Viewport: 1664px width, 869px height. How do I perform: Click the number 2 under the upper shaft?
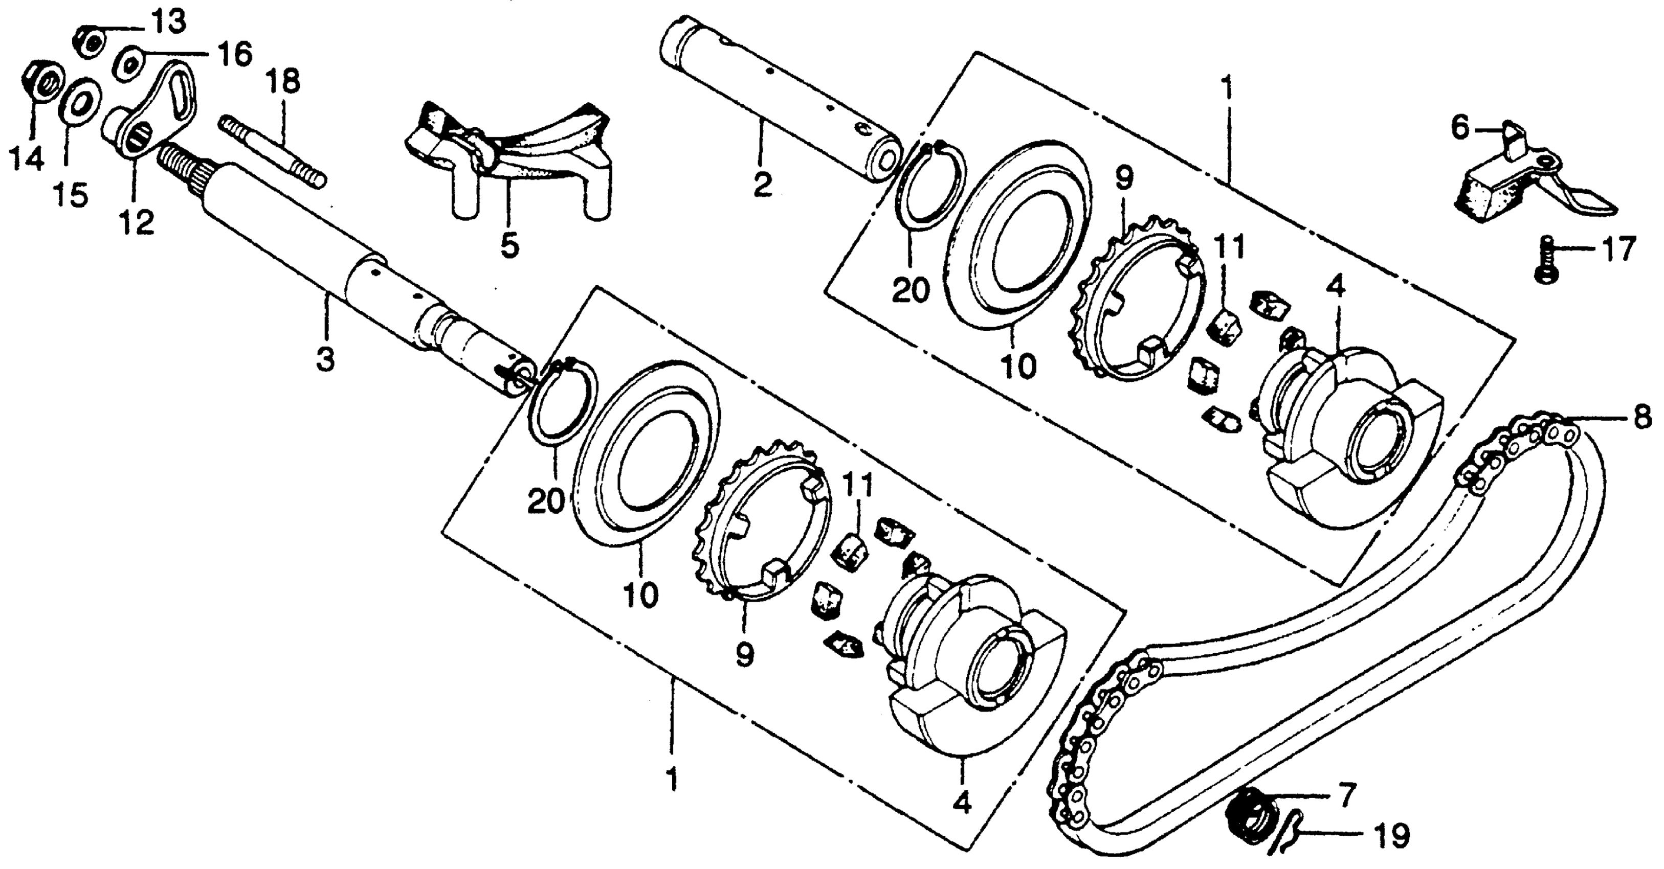(x=762, y=186)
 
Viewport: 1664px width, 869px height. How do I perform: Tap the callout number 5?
(x=509, y=246)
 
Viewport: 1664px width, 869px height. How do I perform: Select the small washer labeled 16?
(x=130, y=64)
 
